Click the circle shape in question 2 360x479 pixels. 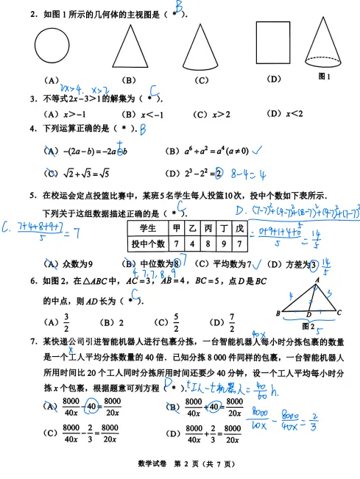pos(56,48)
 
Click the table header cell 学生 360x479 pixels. pos(149,229)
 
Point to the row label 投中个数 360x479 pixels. pos(149,244)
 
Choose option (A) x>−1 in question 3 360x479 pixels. pos(66,114)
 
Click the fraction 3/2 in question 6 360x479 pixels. pos(66,322)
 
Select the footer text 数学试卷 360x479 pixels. pos(153,464)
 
